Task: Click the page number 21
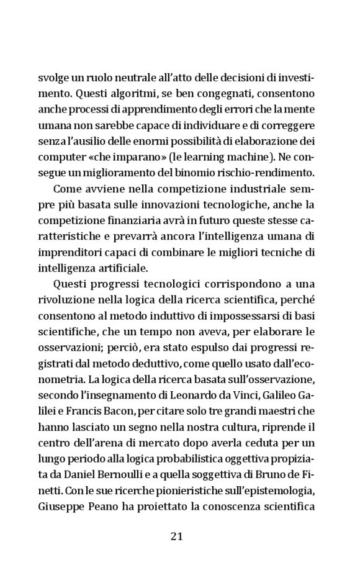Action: (x=176, y=536)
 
